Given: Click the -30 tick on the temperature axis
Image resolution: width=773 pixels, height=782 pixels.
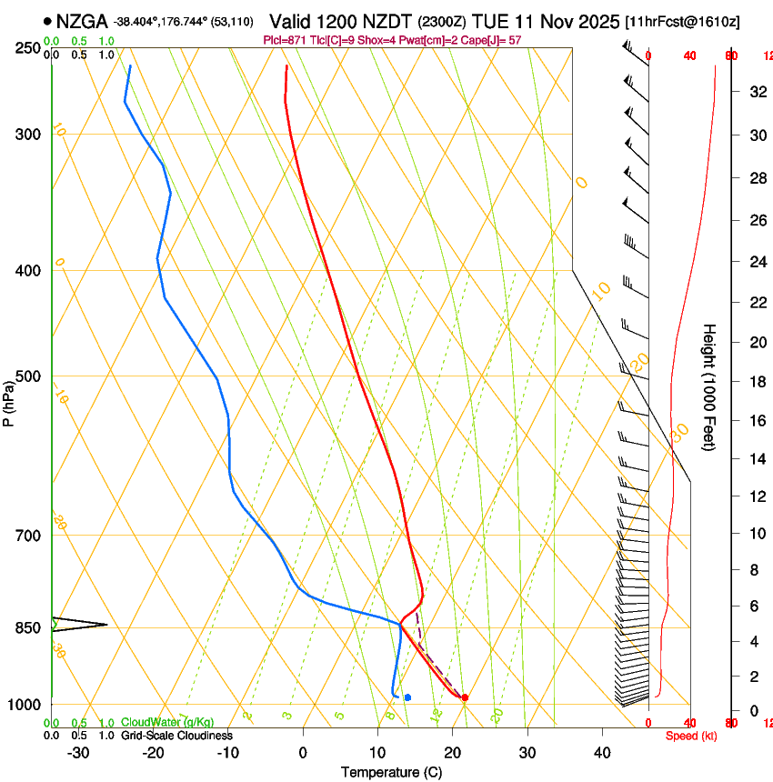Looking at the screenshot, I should (x=78, y=752).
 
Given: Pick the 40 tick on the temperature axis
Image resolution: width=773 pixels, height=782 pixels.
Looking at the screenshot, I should (x=602, y=752).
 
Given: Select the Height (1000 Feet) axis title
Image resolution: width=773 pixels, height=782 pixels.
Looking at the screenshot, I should (x=710, y=386).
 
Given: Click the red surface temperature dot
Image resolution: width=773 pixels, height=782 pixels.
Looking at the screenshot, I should (x=465, y=697).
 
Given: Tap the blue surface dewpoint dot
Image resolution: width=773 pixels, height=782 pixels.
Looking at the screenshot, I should (x=407, y=697).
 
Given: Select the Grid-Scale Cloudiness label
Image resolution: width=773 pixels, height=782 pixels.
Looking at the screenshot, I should (x=176, y=736).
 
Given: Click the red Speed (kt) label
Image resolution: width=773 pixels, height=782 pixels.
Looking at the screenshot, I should (x=691, y=736).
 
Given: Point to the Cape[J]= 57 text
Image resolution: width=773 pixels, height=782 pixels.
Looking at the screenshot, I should (x=495, y=40).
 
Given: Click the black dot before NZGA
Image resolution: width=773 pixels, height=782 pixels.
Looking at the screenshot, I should (x=47, y=21).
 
